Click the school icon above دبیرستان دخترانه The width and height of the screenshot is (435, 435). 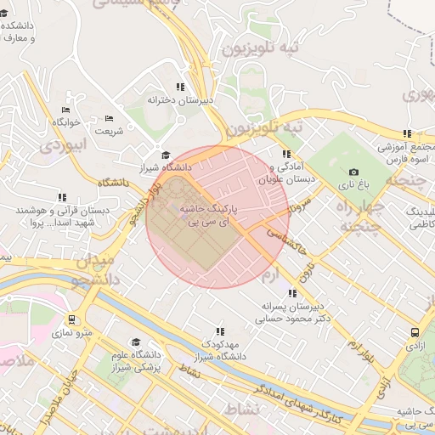click(179, 87)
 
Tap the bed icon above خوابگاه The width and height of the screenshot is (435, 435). click(66, 110)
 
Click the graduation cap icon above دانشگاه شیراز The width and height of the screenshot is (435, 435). click(166, 155)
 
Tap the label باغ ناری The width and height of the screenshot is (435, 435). click(353, 184)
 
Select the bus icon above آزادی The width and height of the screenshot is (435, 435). click(414, 333)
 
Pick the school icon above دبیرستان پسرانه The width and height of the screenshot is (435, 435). click(292, 293)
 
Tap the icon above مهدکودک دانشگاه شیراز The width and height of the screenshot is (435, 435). click(220, 331)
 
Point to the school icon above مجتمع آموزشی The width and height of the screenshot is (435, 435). click(407, 133)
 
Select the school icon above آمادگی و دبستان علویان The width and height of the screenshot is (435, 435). click(286, 154)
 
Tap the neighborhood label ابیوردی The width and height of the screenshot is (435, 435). click(64, 144)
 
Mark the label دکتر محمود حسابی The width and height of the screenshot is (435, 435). click(291, 319)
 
